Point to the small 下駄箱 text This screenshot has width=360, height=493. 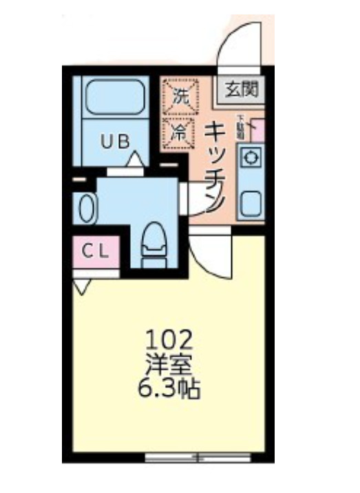pos(240,127)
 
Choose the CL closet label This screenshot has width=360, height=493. pos(96,251)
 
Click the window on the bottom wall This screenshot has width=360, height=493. pos(198,457)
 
